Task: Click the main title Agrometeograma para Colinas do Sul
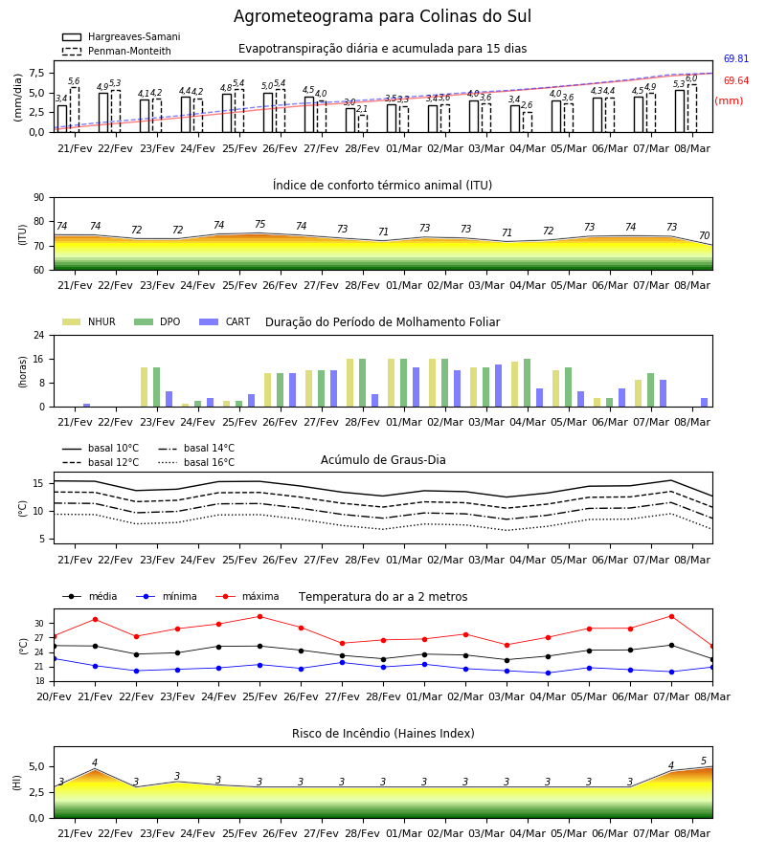382,16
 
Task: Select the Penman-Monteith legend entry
117,51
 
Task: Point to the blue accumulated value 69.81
736,58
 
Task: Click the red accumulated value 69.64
736,80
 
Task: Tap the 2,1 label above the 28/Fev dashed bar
362,109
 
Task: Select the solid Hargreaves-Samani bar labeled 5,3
680,112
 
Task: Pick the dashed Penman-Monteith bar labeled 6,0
692,109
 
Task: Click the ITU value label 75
259,224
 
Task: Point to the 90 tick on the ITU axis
39,198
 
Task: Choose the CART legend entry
225,321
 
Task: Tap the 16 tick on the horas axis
39,359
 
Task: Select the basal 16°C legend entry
196,462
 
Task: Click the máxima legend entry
247,596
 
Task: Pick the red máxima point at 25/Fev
259,617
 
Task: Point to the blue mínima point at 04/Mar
548,673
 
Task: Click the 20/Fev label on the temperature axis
54,696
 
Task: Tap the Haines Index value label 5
704,762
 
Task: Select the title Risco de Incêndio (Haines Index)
383,734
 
